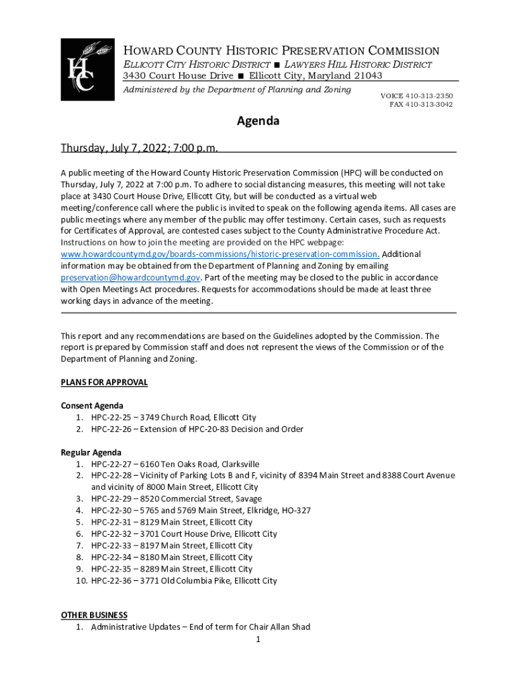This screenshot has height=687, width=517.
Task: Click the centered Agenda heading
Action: coord(258,121)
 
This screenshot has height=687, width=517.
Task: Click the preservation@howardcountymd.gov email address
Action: coord(130,277)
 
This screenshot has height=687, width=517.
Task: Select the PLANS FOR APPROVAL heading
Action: coord(104,382)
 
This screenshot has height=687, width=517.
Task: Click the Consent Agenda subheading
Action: coord(92,406)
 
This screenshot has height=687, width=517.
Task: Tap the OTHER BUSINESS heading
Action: coord(94,615)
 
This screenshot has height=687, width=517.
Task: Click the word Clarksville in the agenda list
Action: coord(236,464)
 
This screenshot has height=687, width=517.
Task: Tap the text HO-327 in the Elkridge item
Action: coord(295,511)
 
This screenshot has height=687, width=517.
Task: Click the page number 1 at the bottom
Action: coord(258,639)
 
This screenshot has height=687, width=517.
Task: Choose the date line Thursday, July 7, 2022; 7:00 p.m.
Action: coord(140,148)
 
